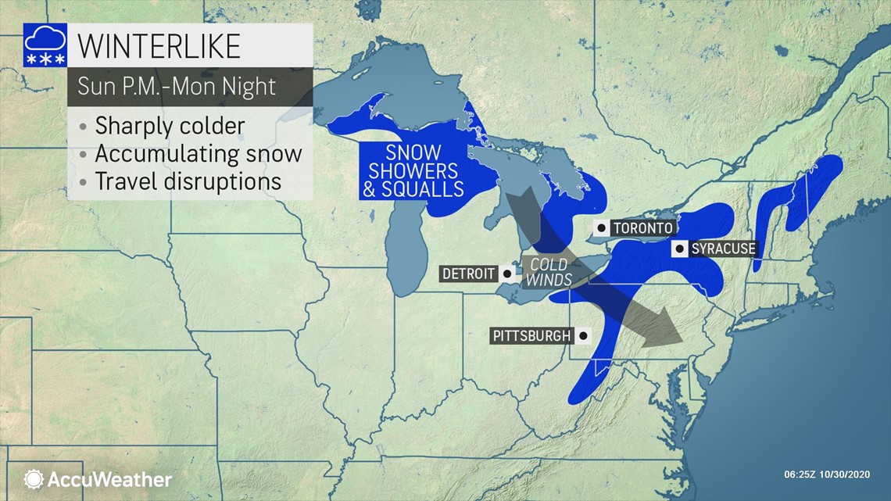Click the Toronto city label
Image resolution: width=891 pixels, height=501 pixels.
pos(642,228)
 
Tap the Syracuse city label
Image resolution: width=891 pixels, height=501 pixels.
pos(723,249)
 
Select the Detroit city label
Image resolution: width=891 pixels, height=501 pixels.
pos(469,274)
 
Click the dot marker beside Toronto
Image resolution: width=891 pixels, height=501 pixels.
pos(601,228)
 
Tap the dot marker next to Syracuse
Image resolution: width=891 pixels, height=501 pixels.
pos(680,249)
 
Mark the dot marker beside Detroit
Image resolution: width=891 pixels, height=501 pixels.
pos(507,274)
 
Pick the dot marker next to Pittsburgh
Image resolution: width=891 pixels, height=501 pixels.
pos(584,336)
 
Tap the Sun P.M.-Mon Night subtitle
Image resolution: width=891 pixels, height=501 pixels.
pos(176,86)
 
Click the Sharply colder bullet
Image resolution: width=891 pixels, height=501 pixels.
pos(170,126)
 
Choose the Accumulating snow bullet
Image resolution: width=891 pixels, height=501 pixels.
pos(198,153)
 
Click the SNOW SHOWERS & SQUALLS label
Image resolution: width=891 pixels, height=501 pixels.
pos(413,170)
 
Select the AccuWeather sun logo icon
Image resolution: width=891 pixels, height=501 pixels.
pos(34,479)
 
